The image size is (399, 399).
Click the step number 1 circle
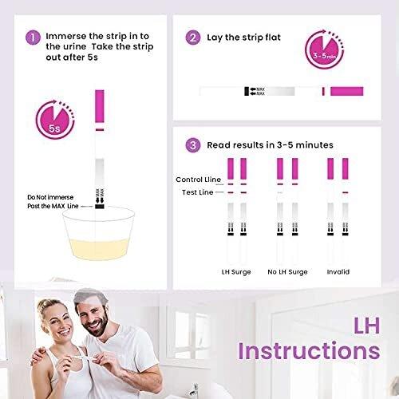(33, 38)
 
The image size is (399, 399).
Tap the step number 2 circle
(193, 38)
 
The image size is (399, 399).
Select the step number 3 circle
(193, 145)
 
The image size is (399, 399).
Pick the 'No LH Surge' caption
(286, 271)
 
